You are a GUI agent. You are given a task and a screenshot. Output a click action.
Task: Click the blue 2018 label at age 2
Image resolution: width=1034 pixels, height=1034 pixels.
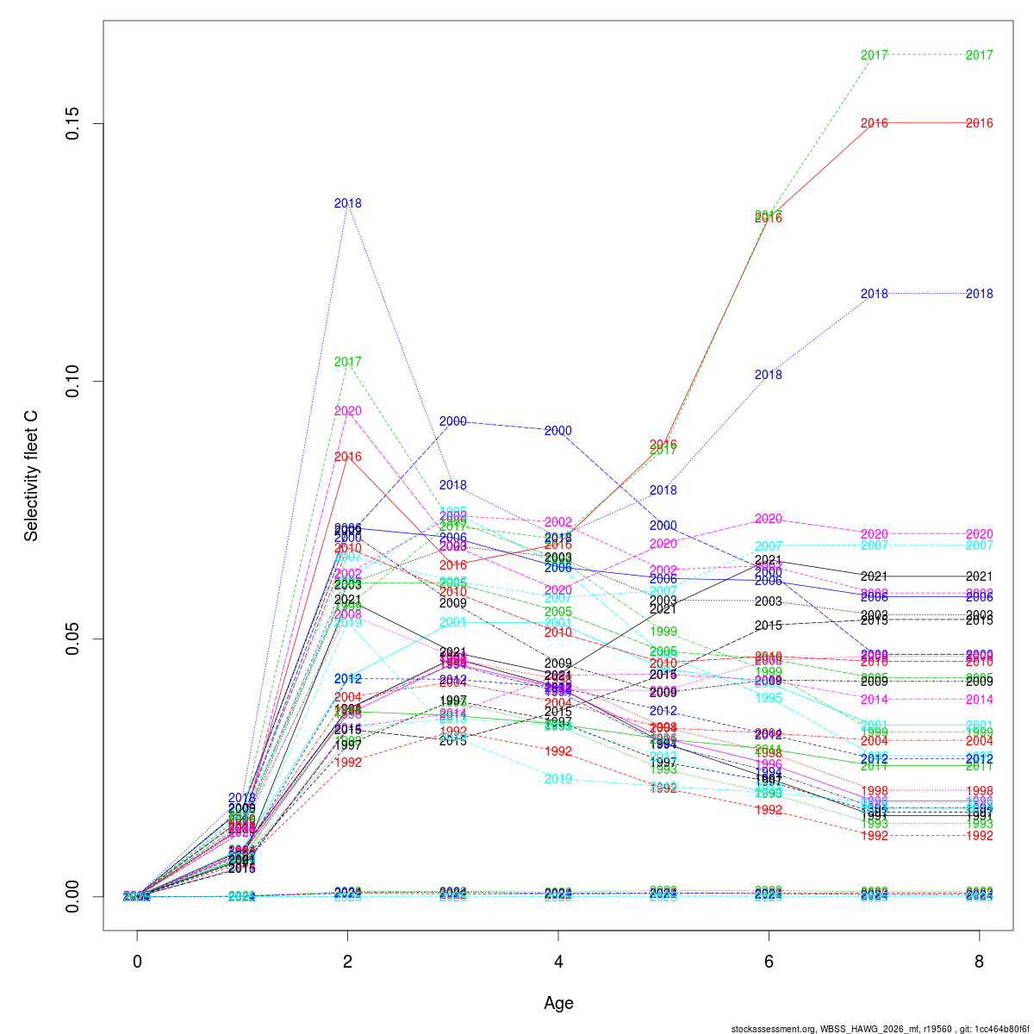pyautogui.click(x=347, y=203)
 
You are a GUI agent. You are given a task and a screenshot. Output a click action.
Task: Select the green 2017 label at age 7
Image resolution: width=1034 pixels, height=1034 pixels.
pyautogui.click(x=874, y=55)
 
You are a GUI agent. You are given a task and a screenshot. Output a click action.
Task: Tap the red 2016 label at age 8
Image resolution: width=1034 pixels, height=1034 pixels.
pyautogui.click(x=979, y=123)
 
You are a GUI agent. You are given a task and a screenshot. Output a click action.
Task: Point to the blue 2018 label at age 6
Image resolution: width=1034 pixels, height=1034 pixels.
pyautogui.click(x=769, y=375)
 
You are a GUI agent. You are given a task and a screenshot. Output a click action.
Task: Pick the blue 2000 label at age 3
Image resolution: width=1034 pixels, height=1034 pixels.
pyautogui.click(x=453, y=421)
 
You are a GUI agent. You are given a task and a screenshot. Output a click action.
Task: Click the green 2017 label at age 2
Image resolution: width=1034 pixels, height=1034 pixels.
pyautogui.click(x=347, y=362)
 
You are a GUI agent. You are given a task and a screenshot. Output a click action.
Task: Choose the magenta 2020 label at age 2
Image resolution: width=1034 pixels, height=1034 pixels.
pyautogui.click(x=347, y=411)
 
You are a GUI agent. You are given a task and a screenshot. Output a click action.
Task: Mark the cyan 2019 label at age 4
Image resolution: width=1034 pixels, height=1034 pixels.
pyautogui.click(x=558, y=779)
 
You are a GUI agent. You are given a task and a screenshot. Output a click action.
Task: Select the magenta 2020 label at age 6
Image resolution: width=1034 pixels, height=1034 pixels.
pyautogui.click(x=769, y=519)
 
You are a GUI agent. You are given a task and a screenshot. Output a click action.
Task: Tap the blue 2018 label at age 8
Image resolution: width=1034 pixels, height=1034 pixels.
pyautogui.click(x=979, y=294)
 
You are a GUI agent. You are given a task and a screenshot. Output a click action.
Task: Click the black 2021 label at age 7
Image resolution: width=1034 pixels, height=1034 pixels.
pyautogui.click(x=874, y=576)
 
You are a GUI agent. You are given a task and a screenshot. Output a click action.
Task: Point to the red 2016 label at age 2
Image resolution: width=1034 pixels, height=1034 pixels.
pyautogui.click(x=347, y=457)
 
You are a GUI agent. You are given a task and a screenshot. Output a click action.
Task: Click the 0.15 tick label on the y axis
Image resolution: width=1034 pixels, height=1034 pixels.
pyautogui.click(x=75, y=123)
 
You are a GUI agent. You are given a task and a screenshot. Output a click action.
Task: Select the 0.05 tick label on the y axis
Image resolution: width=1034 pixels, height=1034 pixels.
pyautogui.click(x=75, y=638)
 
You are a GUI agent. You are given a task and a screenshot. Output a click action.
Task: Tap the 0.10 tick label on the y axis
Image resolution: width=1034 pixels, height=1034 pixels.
pyautogui.click(x=75, y=381)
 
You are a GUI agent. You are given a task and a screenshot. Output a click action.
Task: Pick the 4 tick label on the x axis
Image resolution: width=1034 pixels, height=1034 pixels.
pyautogui.click(x=558, y=962)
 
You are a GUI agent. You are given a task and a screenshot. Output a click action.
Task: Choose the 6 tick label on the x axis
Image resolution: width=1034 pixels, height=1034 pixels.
pyautogui.click(x=769, y=962)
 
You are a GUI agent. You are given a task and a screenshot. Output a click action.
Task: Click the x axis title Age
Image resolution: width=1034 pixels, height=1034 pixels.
pyautogui.click(x=558, y=1003)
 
